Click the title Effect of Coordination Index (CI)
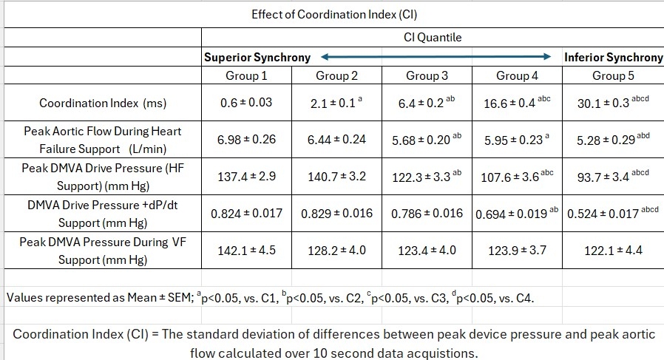tap(330, 14)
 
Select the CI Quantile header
tap(432, 37)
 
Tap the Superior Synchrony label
tap(257, 57)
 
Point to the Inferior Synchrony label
tap(613, 57)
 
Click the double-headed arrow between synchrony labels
tap(437, 56)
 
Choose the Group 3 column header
tap(427, 75)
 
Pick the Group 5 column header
tap(613, 75)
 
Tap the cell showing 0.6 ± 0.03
tap(246, 103)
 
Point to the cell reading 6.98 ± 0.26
tap(246, 139)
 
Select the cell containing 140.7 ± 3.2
tap(336, 177)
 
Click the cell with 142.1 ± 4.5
tap(246, 251)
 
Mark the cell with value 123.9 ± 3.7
tap(517, 251)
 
